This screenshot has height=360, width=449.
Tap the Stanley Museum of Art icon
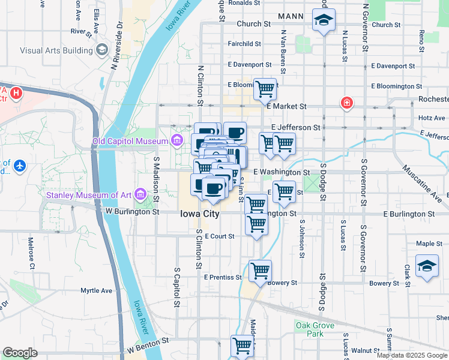pyautogui.click(x=140, y=194)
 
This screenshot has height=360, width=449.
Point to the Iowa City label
pyautogui.click(x=201, y=214)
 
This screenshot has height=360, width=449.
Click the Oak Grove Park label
pyautogui.click(x=310, y=329)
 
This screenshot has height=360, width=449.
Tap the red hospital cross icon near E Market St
pyautogui.click(x=346, y=104)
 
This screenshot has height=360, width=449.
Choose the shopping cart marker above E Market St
pyautogui.click(x=265, y=89)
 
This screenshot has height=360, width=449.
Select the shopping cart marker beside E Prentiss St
pyautogui.click(x=260, y=271)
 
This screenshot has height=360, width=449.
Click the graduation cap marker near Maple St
pyautogui.click(x=427, y=266)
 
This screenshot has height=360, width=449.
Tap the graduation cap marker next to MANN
pyautogui.click(x=323, y=21)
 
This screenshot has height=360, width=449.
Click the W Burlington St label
pyautogui.click(x=132, y=212)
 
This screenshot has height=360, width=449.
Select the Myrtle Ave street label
pyautogui.click(x=97, y=291)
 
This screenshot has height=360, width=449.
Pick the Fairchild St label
pyautogui.click(x=244, y=44)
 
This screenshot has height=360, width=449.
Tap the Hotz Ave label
pyautogui.click(x=432, y=118)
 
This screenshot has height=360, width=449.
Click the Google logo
pyautogui.click(x=20, y=353)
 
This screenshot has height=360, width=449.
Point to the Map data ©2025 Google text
pyautogui.click(x=411, y=355)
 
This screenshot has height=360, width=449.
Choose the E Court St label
pyautogui.click(x=219, y=236)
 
